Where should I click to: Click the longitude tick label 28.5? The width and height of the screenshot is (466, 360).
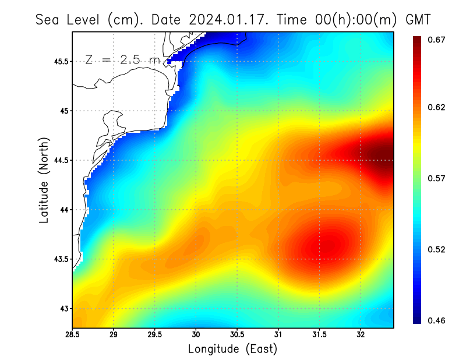(x=72, y=335)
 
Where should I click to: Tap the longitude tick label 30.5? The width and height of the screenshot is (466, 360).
(x=237, y=335)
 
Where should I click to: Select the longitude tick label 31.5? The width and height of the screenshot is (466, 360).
(x=319, y=335)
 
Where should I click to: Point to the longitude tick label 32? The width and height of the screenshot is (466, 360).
(x=361, y=335)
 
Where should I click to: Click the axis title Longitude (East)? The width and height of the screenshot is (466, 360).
(x=232, y=349)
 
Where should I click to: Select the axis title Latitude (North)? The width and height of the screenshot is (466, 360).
(x=44, y=180)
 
